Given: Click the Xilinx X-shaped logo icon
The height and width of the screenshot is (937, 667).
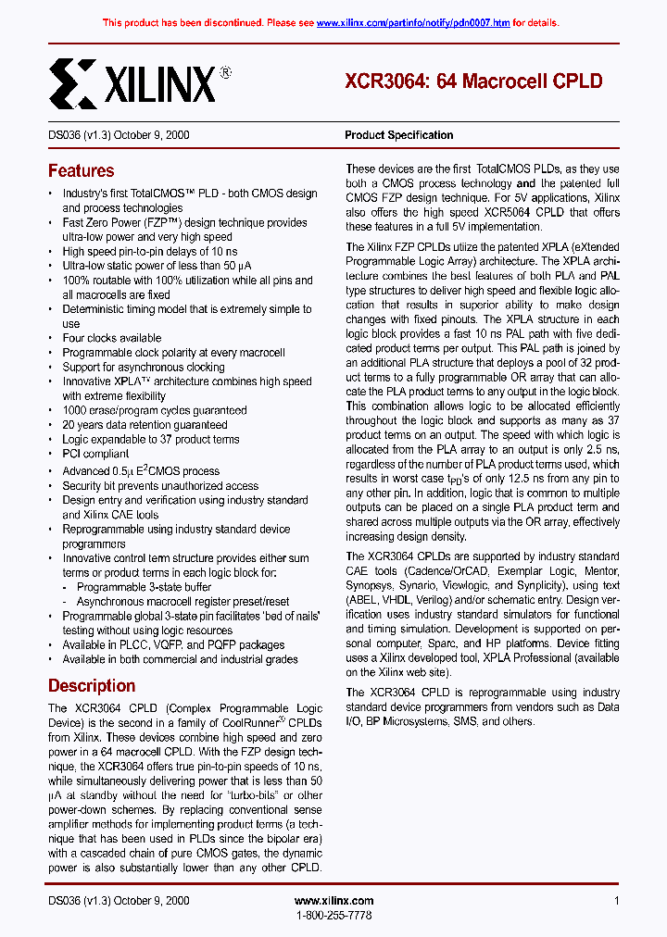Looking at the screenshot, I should (71, 83).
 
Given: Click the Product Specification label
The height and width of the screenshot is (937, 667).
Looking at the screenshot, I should (398, 135).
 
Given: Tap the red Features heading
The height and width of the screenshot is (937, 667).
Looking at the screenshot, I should (81, 171).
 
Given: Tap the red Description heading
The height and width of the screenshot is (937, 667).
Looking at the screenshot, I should (92, 686).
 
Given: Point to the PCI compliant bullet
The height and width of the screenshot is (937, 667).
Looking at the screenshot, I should (95, 454).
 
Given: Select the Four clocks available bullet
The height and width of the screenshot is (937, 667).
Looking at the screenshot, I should (111, 338).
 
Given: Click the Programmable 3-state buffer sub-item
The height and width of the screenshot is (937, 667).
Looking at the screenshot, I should (144, 587).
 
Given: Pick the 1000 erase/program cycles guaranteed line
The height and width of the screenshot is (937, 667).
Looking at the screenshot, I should (154, 410).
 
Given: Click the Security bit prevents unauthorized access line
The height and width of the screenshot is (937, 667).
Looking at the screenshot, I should (159, 485).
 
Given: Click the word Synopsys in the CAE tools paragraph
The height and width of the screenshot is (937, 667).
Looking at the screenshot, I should (369, 585).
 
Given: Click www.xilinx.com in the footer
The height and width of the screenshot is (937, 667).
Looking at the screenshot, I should (333, 901).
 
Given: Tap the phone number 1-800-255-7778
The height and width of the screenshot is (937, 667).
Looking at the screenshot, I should (333, 915).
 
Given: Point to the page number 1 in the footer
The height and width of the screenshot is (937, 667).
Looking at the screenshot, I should (616, 901).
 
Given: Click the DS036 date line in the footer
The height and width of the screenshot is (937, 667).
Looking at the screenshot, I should (119, 901).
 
